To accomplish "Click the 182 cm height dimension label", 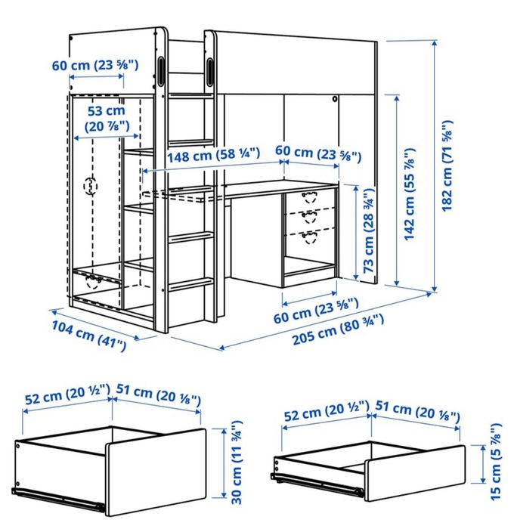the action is [447, 166].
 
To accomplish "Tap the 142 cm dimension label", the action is [409, 194].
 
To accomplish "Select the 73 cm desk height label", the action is [369, 230].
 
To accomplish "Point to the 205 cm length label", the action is [338, 329].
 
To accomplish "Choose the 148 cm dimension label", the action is [214, 154].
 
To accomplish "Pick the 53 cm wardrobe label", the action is [107, 119].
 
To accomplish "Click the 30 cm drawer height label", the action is [237, 462].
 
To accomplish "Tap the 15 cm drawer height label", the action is [496, 462].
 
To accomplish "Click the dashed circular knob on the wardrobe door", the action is [91, 186].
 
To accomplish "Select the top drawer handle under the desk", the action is [309, 196].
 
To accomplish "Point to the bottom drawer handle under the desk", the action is [309, 237].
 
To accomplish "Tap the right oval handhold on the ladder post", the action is [210, 72].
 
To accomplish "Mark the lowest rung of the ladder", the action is [191, 283].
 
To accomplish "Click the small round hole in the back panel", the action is [334, 99].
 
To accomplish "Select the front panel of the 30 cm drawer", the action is [156, 472].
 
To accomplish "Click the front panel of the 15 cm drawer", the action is [415, 473].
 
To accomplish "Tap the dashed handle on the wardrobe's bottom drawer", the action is [93, 282].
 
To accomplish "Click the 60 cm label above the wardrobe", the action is [95, 65].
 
